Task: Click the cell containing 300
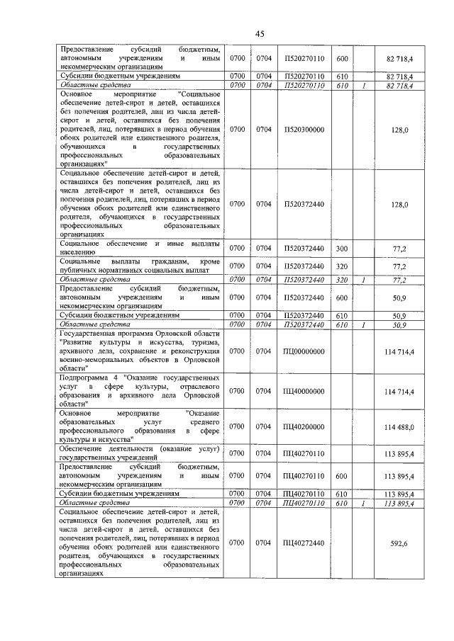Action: pos(342,249)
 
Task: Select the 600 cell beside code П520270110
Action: pos(342,57)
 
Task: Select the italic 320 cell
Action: pos(342,280)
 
